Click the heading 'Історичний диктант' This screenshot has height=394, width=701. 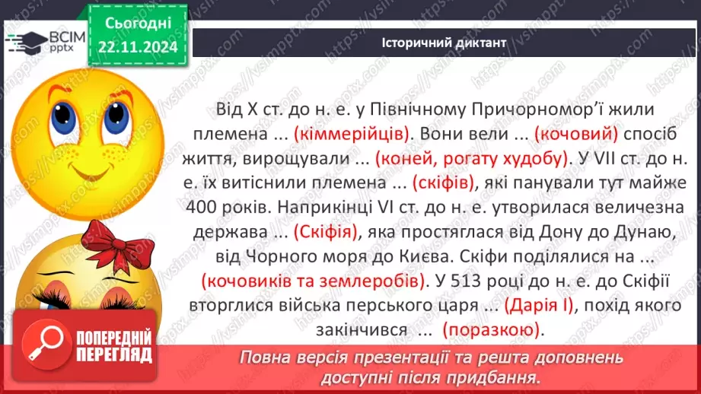coord(443,43)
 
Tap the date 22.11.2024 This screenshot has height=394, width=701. coord(136,47)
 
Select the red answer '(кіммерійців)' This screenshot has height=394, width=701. coord(361,134)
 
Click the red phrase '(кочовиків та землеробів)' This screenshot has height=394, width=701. coord(314,281)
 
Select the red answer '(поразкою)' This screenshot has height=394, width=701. coord(492,330)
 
